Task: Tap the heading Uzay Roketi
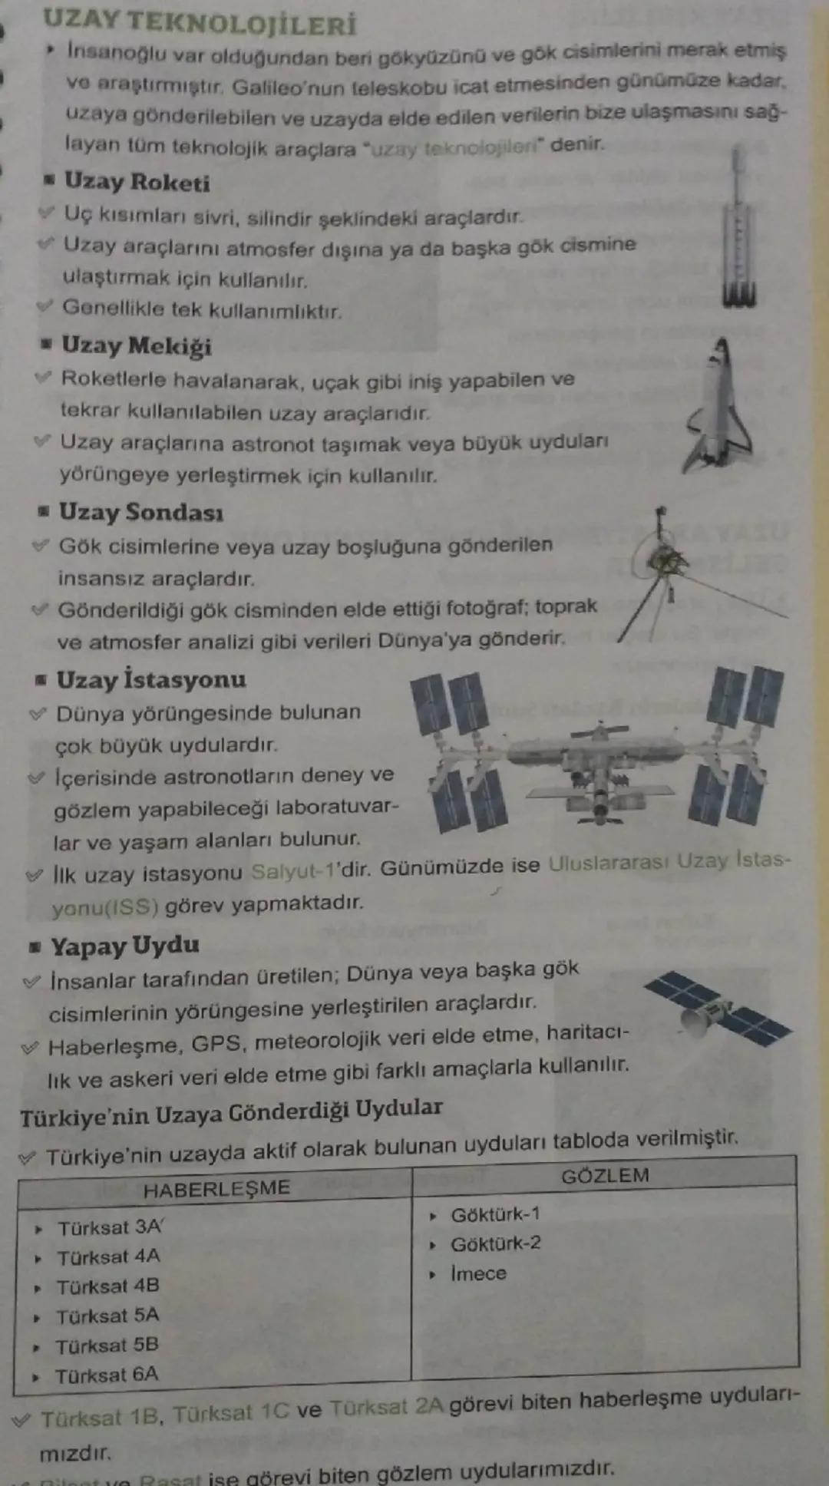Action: click(x=137, y=182)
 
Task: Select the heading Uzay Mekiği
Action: click(x=137, y=345)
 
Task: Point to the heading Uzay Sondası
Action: click(x=141, y=512)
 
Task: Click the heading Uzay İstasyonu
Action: click(x=151, y=679)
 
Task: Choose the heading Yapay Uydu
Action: click(x=125, y=946)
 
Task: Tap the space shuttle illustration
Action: click(x=718, y=407)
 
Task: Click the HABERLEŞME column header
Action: click(x=216, y=1189)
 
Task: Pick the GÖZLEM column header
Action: click(x=605, y=1176)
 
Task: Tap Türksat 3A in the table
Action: click(x=110, y=1228)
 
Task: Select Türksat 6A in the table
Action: click(x=107, y=1375)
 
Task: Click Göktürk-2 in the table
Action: click(x=495, y=1243)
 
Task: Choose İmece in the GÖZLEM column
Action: click(x=478, y=1273)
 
